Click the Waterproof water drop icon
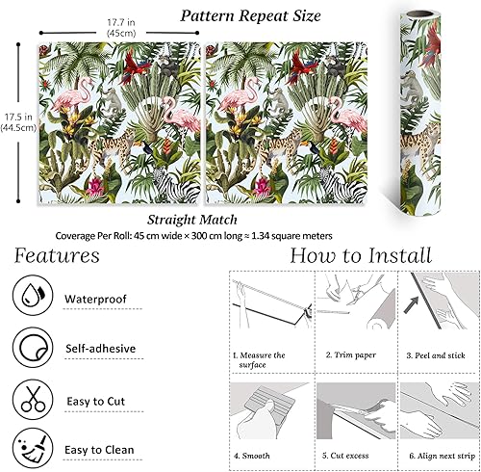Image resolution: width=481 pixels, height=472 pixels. [33, 295]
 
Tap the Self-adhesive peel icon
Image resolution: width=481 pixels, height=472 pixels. [33, 347]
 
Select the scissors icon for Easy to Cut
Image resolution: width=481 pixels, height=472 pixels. [33, 399]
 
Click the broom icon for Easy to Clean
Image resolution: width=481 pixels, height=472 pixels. [33, 448]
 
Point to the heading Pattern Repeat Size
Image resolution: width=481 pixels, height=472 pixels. [250, 15]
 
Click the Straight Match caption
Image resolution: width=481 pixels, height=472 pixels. [192, 220]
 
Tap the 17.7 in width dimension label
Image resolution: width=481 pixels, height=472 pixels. [121, 28]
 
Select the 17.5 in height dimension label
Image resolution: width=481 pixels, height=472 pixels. [18, 122]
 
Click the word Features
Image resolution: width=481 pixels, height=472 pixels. [57, 256]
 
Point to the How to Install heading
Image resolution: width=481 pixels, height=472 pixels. [361, 256]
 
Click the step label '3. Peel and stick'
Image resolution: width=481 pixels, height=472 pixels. [436, 355]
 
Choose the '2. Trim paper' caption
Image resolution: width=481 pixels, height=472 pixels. [351, 355]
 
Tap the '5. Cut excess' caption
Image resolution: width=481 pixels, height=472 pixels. [345, 456]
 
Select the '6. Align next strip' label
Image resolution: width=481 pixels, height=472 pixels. [443, 456]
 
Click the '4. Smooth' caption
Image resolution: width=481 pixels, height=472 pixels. [252, 456]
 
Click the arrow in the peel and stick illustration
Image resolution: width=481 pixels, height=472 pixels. [411, 305]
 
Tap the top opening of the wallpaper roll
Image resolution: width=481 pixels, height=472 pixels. [420, 14]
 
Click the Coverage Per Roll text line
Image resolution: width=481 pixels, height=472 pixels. [194, 236]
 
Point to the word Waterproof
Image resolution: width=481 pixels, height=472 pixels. [95, 300]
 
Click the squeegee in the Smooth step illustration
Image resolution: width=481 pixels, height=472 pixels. [268, 401]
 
